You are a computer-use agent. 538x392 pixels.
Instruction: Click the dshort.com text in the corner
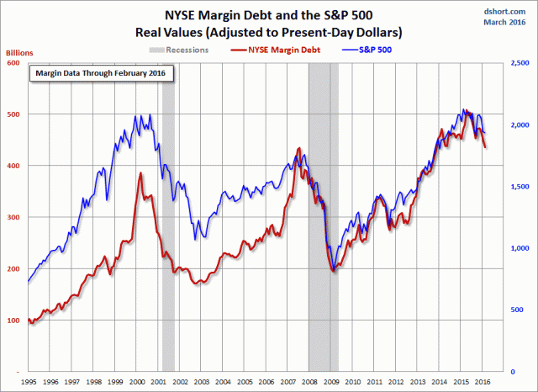506,9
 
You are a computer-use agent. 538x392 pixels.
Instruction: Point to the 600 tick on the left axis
15,62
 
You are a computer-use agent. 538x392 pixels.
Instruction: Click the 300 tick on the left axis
15,217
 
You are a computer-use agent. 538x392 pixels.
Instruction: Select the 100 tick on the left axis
15,320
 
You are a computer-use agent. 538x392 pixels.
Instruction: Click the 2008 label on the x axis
309,380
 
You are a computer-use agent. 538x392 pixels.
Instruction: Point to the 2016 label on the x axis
482,380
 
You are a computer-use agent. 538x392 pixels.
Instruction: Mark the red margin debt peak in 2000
140,173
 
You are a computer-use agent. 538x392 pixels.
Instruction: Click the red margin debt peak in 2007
299,150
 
